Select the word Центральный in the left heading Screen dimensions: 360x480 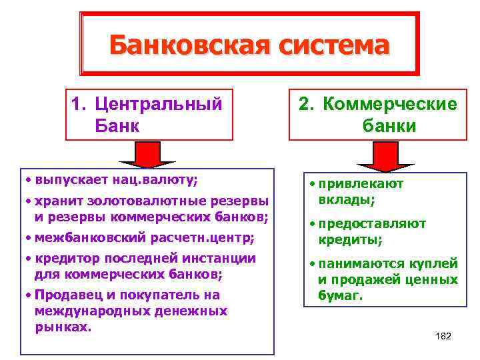[158, 104]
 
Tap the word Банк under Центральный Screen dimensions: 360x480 [117, 125]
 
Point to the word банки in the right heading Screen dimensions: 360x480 [390, 125]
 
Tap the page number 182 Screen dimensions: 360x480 [443, 336]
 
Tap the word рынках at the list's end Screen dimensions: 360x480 [62, 327]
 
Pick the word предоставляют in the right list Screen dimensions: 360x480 [371, 224]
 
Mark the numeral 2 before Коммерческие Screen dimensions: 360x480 [304, 105]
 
